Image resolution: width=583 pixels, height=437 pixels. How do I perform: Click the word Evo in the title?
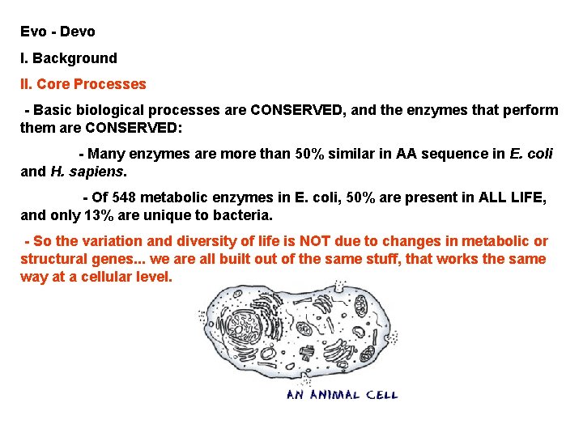click(x=33, y=32)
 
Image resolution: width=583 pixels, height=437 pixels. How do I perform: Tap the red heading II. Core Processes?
click(x=83, y=84)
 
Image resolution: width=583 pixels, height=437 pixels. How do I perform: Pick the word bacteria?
click(x=244, y=216)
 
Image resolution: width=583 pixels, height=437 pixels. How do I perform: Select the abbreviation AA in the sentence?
click(x=406, y=154)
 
